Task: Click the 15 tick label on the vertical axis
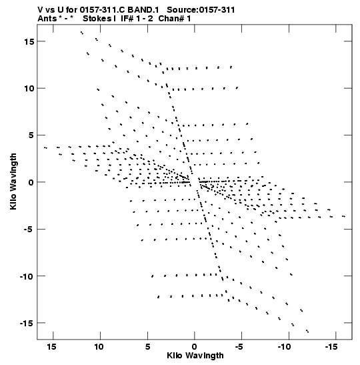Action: pos(29,41)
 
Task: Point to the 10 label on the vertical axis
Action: pos(29,89)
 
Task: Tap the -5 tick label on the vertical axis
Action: pos(29,230)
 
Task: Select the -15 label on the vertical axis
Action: pos(27,323)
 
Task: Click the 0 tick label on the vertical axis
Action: pos(31,182)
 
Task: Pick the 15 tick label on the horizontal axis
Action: pos(51,347)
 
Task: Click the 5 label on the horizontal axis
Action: pos(147,347)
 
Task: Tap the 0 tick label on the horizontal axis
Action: pos(195,347)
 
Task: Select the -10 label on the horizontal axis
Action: pos(284,347)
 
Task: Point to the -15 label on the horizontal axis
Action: pos(331,347)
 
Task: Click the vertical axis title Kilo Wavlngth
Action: pos(13,181)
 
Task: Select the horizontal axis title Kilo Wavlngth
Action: pos(195,356)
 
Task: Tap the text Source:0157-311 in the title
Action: pos(201,10)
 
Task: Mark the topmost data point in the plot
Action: pos(81,33)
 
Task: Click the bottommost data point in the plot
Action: pos(307,331)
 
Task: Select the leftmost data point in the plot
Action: pos(45,147)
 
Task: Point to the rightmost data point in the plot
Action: pos(343,216)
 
